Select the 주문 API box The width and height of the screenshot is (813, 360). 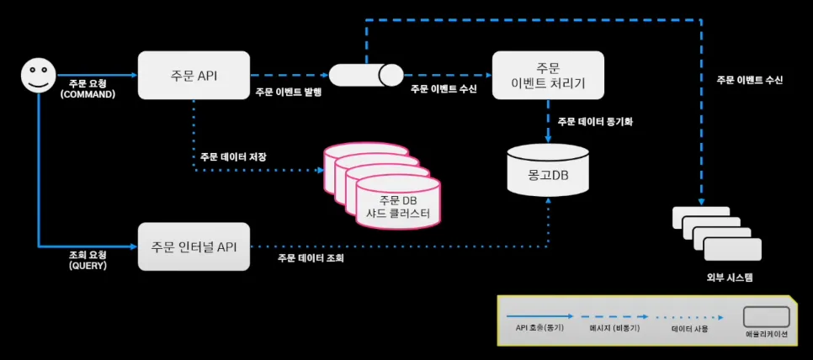pos(194,76)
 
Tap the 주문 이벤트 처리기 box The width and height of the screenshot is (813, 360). pos(548,76)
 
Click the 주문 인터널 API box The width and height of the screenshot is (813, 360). pos(194,246)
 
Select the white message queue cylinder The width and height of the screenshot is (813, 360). pos(366,76)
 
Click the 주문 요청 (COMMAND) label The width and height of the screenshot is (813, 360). pos(88,88)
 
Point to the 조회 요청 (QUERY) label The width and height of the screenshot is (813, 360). pos(88,258)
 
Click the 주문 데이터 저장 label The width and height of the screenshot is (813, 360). pos(233,156)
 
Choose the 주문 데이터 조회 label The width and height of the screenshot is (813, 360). pos(311,258)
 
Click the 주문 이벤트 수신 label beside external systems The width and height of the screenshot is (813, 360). pos(749,80)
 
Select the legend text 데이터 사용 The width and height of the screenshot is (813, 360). pos(689,328)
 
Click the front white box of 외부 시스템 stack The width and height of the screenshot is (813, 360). pos(732,249)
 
